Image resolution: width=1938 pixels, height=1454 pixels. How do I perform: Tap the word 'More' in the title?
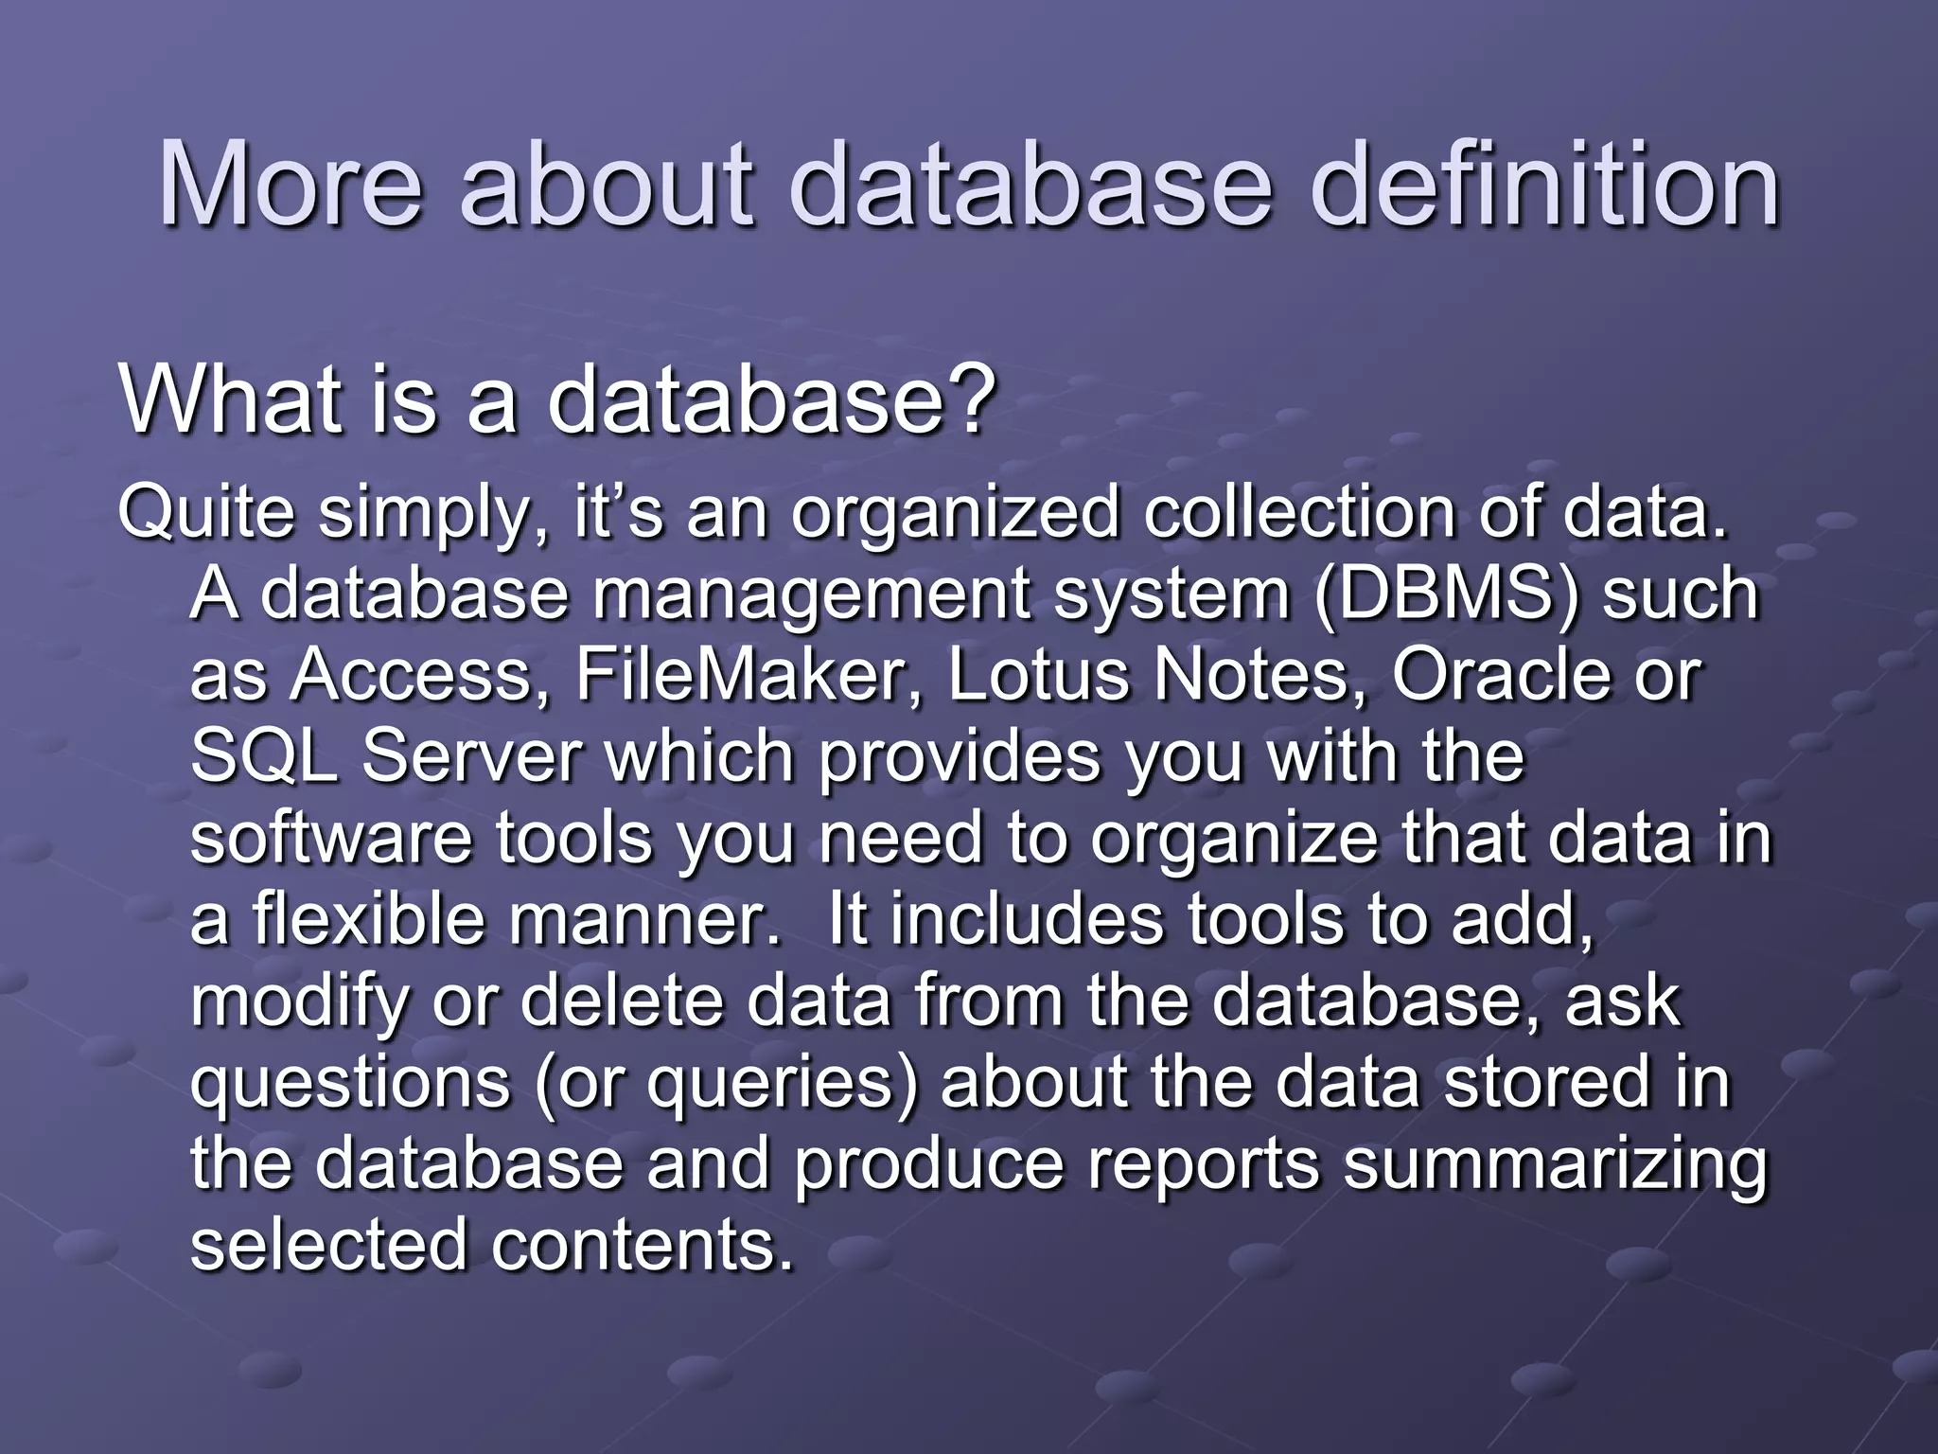pos(290,185)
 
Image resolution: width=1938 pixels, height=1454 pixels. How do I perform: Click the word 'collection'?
pos(1298,512)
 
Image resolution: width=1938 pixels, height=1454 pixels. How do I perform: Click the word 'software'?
pos(330,838)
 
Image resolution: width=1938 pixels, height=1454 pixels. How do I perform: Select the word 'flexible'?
pos(368,918)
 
